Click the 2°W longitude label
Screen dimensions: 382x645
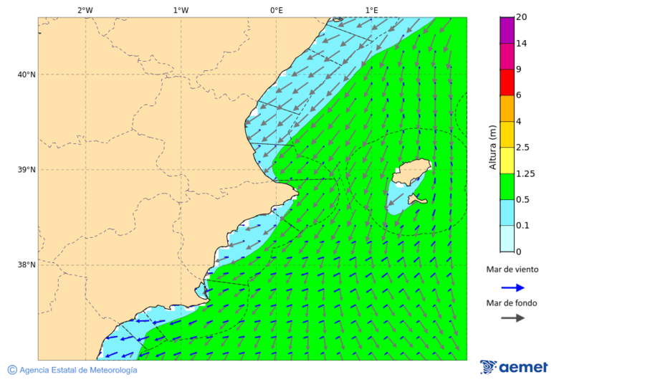pos(85,10)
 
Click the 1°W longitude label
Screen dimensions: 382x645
pos(181,10)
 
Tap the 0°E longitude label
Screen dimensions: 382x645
pos(276,10)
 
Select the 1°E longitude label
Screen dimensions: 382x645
pos(371,10)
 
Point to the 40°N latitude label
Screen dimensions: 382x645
pos(26,75)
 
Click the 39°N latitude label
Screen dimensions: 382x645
pos(26,170)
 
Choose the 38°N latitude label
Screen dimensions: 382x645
pos(26,265)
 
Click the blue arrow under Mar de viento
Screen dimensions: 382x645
pos(512,287)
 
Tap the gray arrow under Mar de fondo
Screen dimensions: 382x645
pos(512,318)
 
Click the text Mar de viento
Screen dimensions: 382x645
pos(512,269)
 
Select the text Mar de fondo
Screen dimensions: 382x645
pos(511,302)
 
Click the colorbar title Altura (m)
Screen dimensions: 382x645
pos(492,147)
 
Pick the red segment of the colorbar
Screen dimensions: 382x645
pos(507,82)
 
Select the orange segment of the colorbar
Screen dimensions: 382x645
pos(507,108)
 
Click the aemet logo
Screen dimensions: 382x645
pos(514,367)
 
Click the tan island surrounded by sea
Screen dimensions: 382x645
pos(411,173)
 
